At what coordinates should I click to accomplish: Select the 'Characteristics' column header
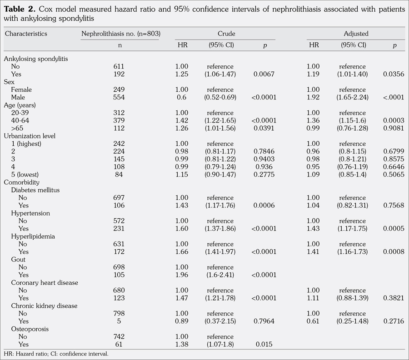(26, 34)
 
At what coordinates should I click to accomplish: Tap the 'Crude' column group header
(226, 34)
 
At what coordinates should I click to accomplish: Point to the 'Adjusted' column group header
(356, 34)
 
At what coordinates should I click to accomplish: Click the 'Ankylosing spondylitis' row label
(36, 59)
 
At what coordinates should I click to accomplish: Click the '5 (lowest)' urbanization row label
(28, 174)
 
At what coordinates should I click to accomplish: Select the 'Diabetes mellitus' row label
(35, 190)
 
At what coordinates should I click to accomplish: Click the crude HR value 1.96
(182, 275)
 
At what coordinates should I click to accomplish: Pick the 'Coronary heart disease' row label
(45, 282)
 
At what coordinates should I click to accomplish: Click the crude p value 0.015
(264, 344)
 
